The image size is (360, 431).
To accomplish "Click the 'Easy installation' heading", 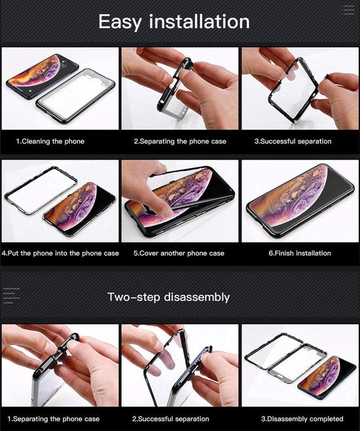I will coord(173,21).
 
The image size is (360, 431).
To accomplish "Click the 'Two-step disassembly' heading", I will coord(168,297).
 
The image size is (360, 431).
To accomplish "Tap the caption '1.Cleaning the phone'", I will coord(50,141).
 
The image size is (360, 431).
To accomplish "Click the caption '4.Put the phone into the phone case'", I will coord(60,253).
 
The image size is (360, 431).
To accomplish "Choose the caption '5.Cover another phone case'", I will coord(179,253).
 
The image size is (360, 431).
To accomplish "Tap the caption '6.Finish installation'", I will coord(300,253).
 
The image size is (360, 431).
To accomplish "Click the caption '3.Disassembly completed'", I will coord(302,419).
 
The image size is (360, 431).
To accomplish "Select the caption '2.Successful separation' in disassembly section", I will coord(171,419).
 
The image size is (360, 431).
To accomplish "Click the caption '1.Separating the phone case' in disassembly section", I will coord(54,419).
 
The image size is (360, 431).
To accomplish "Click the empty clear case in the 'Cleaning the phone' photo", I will coord(76,94).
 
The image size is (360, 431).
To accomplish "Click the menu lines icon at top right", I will coord(347,10).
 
